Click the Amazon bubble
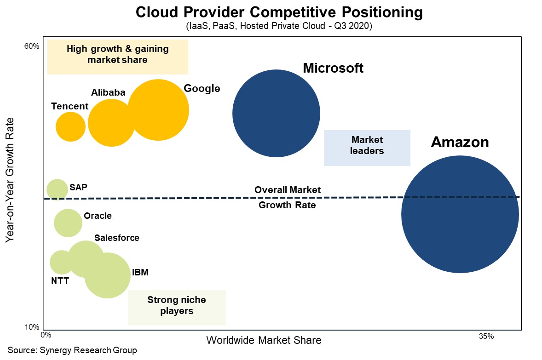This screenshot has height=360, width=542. click(x=460, y=214)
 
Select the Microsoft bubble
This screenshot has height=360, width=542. click(x=276, y=113)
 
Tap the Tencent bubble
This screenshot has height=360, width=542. click(x=70, y=126)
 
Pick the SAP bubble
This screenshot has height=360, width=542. click(x=57, y=189)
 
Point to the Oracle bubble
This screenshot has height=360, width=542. click(x=68, y=223)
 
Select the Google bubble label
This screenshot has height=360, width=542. click(x=202, y=88)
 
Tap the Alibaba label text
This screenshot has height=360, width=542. click(x=108, y=92)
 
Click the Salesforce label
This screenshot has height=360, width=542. click(x=116, y=238)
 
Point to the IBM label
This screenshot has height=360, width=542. click(x=140, y=272)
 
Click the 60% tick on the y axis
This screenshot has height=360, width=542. click(x=32, y=46)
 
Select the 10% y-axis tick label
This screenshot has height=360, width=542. click(x=32, y=327)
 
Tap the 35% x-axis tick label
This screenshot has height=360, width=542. click(x=486, y=336)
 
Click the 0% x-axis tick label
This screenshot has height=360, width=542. click(x=46, y=336)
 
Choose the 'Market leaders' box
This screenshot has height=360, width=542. click(x=367, y=148)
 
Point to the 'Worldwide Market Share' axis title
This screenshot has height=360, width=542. click(x=264, y=341)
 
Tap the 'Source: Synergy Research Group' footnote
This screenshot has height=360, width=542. click(x=72, y=350)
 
